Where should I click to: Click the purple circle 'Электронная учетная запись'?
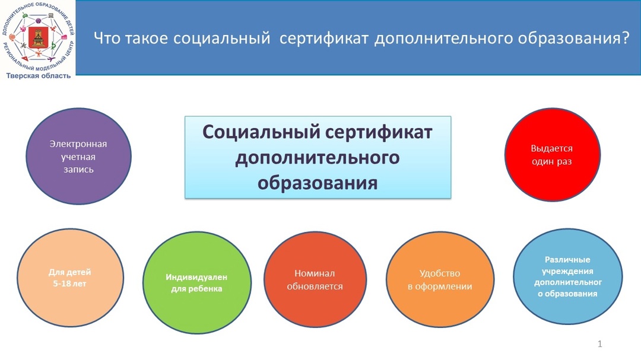pyautogui.click(x=78, y=156)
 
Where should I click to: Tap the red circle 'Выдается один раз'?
pyautogui.click(x=553, y=154)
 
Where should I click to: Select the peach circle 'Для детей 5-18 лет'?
pyautogui.click(x=70, y=278)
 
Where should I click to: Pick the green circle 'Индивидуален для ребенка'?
pyautogui.click(x=196, y=282)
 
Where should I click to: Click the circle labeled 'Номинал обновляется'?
pyautogui.click(x=315, y=279)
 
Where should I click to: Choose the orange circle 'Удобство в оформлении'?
pyautogui.click(x=440, y=279)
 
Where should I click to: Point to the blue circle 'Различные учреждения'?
pyautogui.click(x=568, y=276)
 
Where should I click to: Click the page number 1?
pyautogui.click(x=599, y=344)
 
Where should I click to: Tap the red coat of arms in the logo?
pyautogui.click(x=38, y=38)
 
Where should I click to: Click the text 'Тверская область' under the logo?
pyautogui.click(x=38, y=75)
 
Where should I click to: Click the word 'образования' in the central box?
pyautogui.click(x=317, y=183)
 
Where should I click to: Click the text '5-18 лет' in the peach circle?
pyautogui.click(x=69, y=283)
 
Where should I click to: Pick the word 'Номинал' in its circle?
pyautogui.click(x=315, y=273)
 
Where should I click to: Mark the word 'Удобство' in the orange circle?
pyautogui.click(x=440, y=273)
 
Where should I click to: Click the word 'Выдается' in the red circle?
pyautogui.click(x=552, y=148)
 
